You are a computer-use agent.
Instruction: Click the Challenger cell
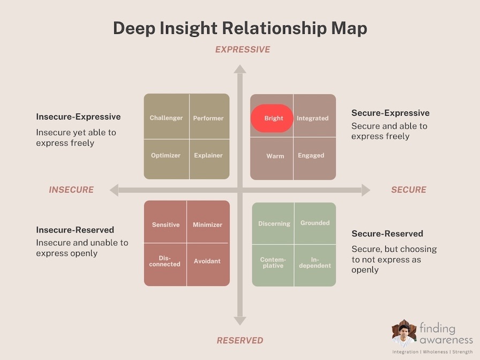tap(166, 118)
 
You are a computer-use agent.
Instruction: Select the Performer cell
tap(208, 118)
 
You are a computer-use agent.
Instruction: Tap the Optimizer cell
tap(166, 155)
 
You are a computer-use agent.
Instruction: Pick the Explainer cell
tap(208, 155)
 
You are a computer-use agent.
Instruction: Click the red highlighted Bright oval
tap(272, 118)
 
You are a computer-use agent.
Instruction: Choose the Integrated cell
tap(313, 118)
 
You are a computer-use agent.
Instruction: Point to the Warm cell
tap(275, 156)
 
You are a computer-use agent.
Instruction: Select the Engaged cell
tap(311, 155)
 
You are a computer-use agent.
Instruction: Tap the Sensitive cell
tap(166, 224)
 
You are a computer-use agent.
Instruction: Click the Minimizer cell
tap(207, 224)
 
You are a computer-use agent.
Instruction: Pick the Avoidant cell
tap(207, 261)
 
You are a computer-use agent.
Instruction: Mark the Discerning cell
tap(274, 223)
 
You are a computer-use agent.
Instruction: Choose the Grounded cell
tap(315, 223)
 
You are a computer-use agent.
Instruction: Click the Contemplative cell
tap(273, 262)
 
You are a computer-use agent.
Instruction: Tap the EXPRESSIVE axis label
tap(243, 50)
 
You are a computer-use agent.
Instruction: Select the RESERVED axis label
tap(240, 340)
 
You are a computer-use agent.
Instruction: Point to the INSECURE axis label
tap(71, 190)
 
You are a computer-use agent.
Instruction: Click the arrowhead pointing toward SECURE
tap(365, 190)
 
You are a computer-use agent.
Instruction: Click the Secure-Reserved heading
tap(387, 234)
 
